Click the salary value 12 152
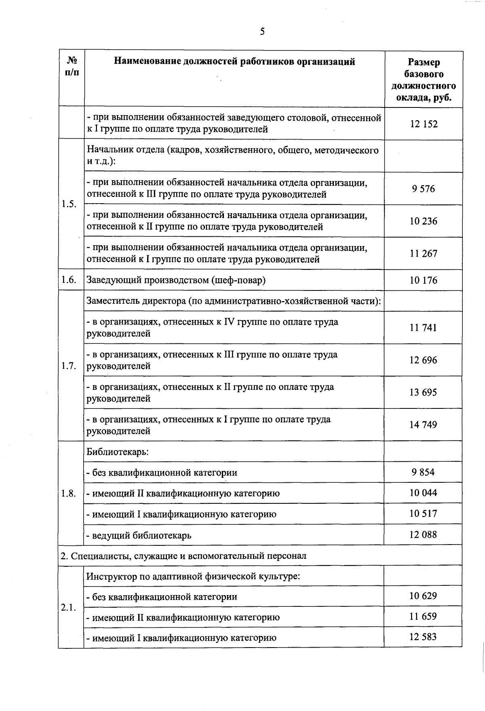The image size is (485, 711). pyautogui.click(x=424, y=124)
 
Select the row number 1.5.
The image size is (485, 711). pyautogui.click(x=69, y=204)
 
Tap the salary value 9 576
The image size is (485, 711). pyautogui.click(x=424, y=189)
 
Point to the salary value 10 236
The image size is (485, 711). pyautogui.click(x=424, y=221)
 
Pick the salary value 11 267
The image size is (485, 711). pyautogui.click(x=424, y=253)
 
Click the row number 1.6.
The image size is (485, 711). pyautogui.click(x=69, y=280)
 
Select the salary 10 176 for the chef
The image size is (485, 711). pyautogui.click(x=424, y=280)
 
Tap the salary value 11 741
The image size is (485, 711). pyautogui.click(x=424, y=328)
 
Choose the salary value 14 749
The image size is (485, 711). pyautogui.click(x=424, y=425)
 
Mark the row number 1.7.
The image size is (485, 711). pyautogui.click(x=69, y=366)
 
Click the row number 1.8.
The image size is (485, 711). pyautogui.click(x=69, y=493)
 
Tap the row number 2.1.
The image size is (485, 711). pyautogui.click(x=69, y=607)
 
